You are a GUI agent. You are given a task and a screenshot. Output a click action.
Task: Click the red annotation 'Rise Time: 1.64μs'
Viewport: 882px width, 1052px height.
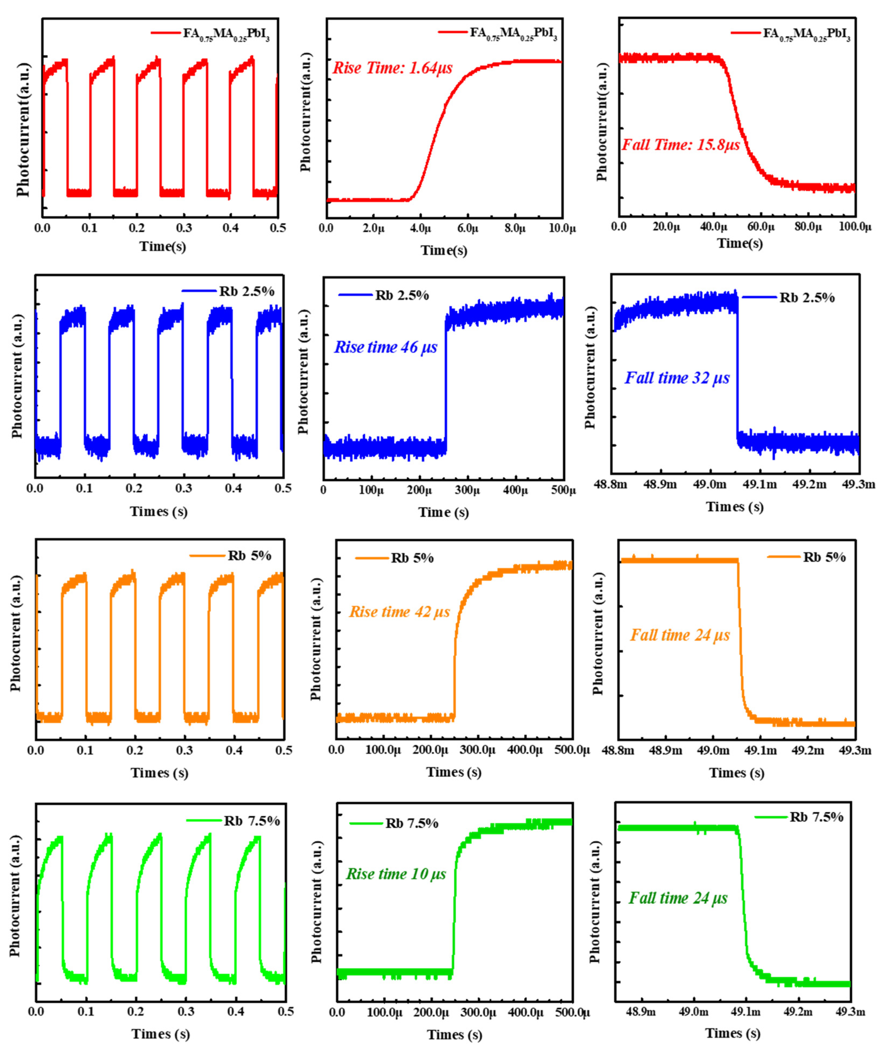pos(392,68)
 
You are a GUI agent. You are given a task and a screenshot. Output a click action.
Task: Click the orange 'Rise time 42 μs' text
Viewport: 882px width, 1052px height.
pos(399,612)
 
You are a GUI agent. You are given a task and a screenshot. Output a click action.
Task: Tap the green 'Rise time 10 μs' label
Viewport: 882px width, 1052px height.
pos(396,874)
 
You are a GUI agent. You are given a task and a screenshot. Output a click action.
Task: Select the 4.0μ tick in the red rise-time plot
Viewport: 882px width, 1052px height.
pos(420,228)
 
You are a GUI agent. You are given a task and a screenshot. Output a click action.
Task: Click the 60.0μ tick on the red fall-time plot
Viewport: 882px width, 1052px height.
pos(761,226)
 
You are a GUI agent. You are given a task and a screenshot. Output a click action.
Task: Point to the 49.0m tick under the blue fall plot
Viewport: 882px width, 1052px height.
pos(710,484)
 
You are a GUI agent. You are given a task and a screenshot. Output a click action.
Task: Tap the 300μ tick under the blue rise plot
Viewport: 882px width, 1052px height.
pos(467,490)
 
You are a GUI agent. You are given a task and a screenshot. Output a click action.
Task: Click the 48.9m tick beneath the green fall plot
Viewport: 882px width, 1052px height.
pos(641,1012)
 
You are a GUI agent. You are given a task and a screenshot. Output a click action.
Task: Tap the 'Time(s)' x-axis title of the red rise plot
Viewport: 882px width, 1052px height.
pos(443,250)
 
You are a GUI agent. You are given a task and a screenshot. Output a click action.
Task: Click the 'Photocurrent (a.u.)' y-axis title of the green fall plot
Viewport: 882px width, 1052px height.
pos(595,902)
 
